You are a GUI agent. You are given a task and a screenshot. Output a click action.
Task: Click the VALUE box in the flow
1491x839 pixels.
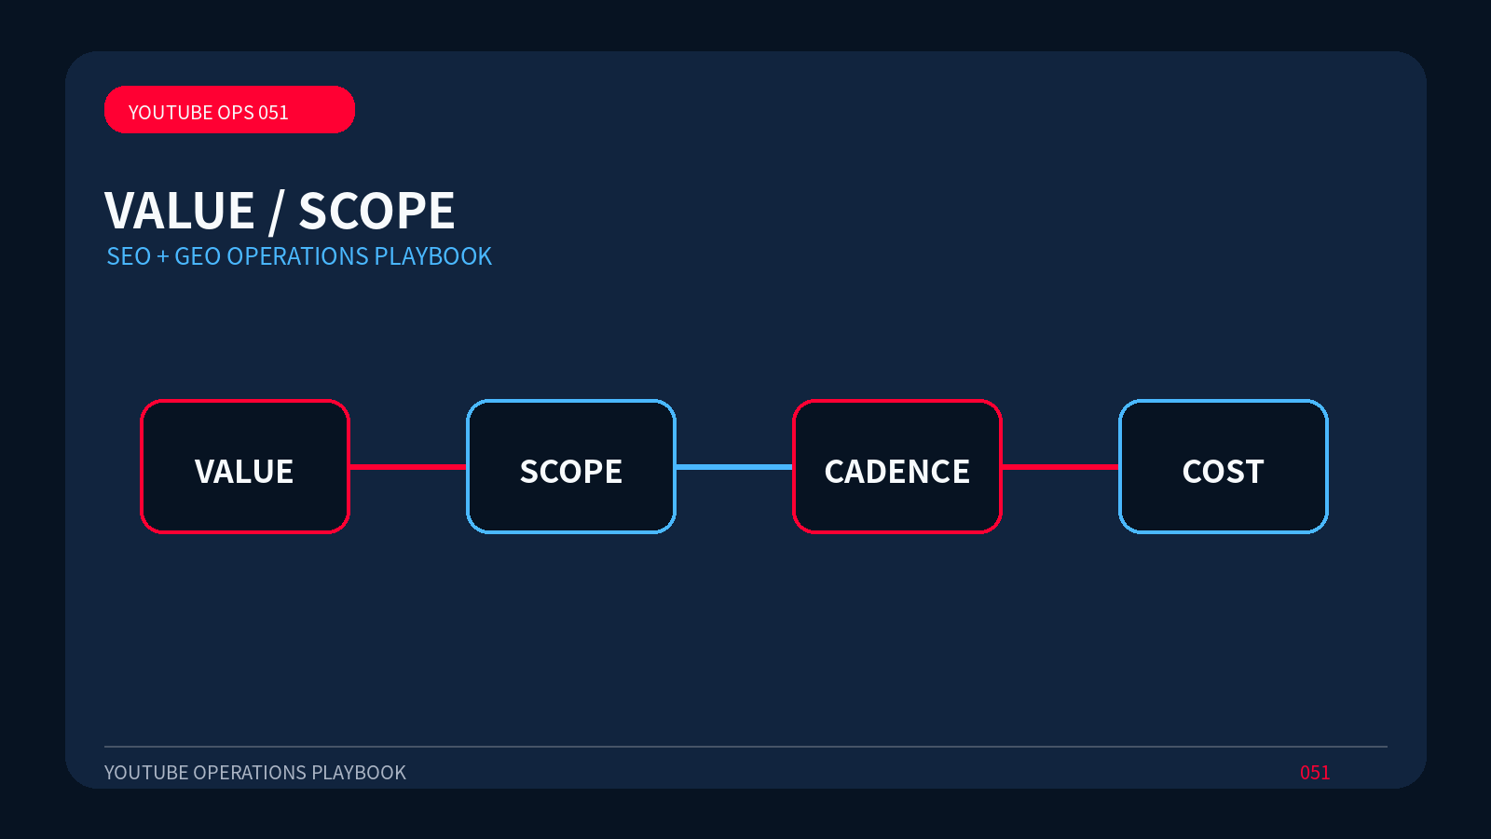click(x=245, y=466)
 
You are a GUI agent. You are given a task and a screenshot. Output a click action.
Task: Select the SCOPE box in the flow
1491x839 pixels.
click(x=571, y=466)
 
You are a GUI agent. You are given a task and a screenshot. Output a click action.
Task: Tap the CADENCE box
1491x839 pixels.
click(x=897, y=466)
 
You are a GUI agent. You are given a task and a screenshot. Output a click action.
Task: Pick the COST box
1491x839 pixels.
click(x=1224, y=466)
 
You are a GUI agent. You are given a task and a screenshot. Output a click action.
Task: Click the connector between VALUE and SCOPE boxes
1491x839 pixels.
click(x=408, y=467)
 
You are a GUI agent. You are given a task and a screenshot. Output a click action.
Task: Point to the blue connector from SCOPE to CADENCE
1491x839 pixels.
click(x=734, y=467)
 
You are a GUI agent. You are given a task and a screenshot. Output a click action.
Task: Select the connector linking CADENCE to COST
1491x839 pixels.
click(x=1060, y=467)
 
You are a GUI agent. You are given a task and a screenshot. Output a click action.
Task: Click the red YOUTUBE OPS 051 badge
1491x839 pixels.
click(x=229, y=109)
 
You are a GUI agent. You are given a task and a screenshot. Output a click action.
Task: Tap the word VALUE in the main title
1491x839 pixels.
click(x=180, y=211)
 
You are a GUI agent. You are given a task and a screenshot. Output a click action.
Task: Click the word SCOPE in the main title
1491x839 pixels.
click(x=376, y=211)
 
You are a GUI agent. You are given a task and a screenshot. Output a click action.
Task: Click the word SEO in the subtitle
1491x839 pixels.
click(x=129, y=256)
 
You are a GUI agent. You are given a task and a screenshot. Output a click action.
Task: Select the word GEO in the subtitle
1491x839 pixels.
click(x=198, y=256)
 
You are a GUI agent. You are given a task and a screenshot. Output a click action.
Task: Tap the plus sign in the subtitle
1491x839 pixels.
click(x=162, y=257)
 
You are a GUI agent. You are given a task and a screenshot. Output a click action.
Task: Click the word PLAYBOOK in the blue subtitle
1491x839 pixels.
click(x=432, y=256)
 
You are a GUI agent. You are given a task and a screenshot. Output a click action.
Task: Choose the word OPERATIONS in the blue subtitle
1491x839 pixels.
click(x=297, y=256)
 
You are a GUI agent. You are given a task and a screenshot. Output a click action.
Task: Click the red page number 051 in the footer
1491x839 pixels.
click(x=1315, y=773)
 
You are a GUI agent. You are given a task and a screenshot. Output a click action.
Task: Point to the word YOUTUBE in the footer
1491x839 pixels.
click(x=145, y=773)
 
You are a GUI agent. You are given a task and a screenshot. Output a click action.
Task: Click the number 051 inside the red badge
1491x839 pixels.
click(x=273, y=113)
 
